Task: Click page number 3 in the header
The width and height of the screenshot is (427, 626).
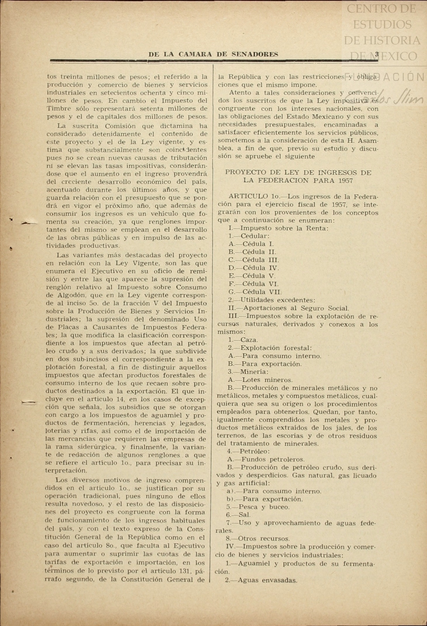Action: pyautogui.click(x=377, y=54)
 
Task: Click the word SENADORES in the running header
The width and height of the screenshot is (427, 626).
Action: pyautogui.click(x=255, y=54)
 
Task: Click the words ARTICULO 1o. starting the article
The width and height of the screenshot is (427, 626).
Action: pyautogui.click(x=253, y=196)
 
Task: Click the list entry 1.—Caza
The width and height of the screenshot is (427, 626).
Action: pyautogui.click(x=243, y=340)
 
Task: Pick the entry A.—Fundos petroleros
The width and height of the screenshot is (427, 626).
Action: pyautogui.click(x=266, y=459)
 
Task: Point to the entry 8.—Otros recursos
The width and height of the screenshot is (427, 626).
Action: pyautogui.click(x=258, y=539)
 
